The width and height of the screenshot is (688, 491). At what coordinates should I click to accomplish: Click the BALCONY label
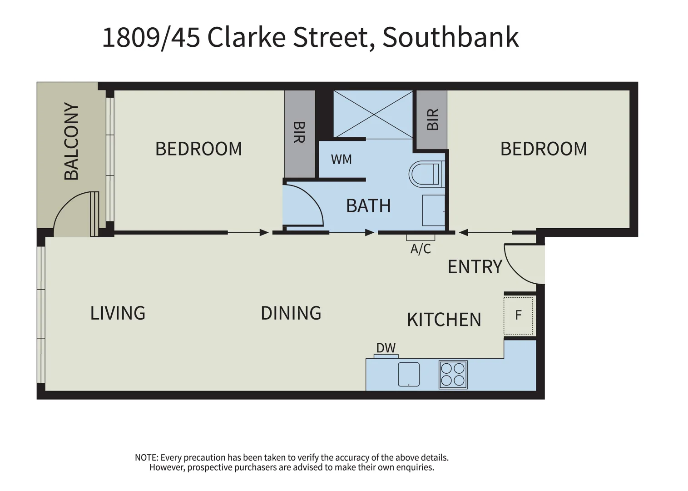click(x=71, y=141)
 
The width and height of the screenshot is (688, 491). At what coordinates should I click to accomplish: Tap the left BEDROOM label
click(x=198, y=149)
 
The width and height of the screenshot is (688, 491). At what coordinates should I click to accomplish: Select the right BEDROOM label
click(x=544, y=149)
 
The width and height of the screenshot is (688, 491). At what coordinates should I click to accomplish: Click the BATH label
click(x=368, y=206)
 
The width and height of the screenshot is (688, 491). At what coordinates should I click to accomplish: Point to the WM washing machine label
click(x=341, y=160)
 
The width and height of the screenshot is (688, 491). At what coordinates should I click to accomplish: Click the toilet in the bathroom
click(x=426, y=174)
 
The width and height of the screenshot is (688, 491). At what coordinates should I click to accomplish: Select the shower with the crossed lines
click(x=373, y=114)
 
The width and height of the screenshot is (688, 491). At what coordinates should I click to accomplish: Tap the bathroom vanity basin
click(x=434, y=210)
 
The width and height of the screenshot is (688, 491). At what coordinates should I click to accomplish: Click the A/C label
click(x=421, y=249)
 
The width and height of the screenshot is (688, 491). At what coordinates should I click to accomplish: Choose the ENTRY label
click(x=475, y=267)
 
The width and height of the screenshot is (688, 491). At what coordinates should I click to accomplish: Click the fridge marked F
click(x=518, y=316)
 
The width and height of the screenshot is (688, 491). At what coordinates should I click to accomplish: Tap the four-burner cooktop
click(x=453, y=375)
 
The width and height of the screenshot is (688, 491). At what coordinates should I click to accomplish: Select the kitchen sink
click(x=409, y=374)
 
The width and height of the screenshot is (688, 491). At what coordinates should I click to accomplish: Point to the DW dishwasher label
click(x=386, y=348)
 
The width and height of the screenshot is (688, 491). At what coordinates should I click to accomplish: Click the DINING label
click(x=291, y=313)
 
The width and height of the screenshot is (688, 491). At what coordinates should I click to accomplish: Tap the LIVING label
click(x=118, y=313)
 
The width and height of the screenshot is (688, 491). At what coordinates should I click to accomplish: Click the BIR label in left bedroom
click(x=299, y=132)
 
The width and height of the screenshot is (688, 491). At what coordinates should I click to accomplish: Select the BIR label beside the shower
click(x=432, y=119)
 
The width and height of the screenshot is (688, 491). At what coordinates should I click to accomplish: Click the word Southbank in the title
click(x=450, y=37)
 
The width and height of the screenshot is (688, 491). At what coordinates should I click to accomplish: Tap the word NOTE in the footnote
click(x=146, y=457)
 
